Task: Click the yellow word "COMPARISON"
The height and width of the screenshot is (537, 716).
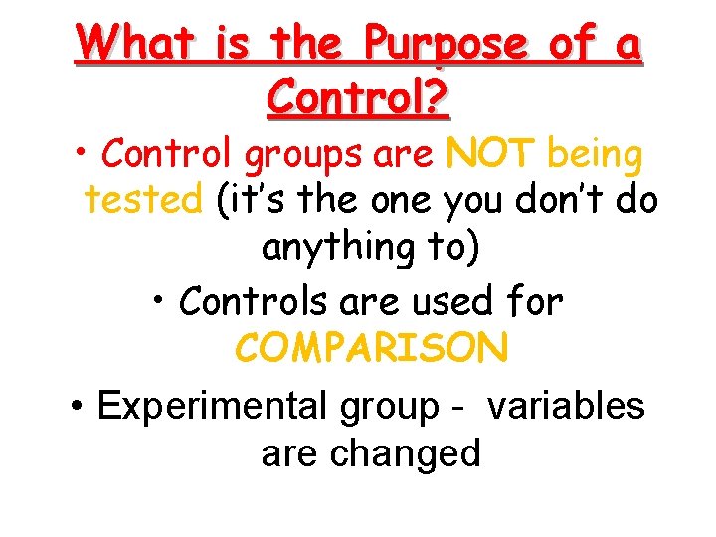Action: pos(372,349)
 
